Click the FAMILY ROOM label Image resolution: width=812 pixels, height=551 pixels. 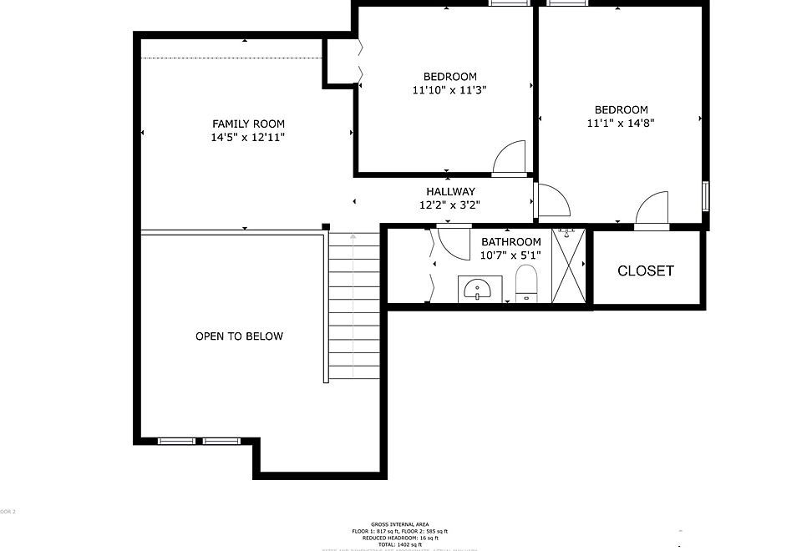tap(248, 124)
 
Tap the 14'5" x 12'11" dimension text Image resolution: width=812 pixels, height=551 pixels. tap(248, 138)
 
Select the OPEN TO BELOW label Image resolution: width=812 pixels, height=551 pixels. tap(239, 336)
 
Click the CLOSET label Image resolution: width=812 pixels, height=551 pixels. tap(645, 270)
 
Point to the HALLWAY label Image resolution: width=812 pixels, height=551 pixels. tap(450, 191)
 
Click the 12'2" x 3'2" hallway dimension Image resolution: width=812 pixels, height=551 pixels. tap(449, 205)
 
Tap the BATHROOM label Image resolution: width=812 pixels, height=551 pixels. tap(510, 242)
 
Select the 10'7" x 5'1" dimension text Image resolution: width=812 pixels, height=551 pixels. tap(510, 255)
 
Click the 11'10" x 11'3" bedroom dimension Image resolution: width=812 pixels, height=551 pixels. tap(449, 90)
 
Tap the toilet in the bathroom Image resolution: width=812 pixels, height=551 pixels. tap(525, 284)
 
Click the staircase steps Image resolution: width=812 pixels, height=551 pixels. tap(353, 309)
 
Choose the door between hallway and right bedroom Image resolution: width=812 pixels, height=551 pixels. tap(551, 200)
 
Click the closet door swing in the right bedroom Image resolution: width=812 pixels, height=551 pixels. tap(652, 210)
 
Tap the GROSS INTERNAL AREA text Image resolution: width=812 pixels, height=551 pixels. tap(399, 523)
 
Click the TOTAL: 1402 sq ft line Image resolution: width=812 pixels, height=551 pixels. tap(399, 544)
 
